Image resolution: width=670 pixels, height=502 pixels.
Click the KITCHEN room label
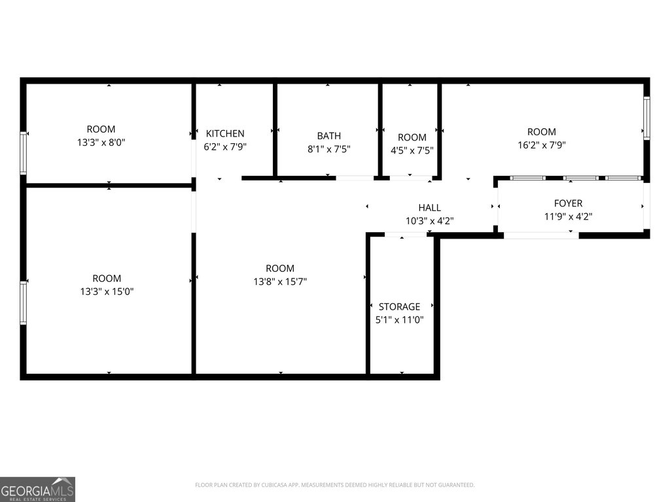coord(225,133)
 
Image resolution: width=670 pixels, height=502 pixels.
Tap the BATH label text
coord(329,136)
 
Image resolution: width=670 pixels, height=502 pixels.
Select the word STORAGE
coord(400,307)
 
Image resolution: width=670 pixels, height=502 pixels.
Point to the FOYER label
coord(569,203)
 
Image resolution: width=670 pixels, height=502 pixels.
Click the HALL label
coord(429,208)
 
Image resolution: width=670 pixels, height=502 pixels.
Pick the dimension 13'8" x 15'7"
coord(280,282)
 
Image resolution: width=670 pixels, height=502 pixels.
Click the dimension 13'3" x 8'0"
coord(101,142)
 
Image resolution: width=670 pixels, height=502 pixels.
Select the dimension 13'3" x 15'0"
coord(107,292)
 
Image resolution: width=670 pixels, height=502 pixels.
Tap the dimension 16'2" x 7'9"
coord(542,145)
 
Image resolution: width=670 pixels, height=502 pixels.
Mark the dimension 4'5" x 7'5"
coord(412,151)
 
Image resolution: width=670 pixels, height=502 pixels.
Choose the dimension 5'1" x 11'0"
coord(400,320)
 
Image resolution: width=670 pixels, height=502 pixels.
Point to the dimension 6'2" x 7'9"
coord(225,147)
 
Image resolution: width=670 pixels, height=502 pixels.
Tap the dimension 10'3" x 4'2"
coord(429,221)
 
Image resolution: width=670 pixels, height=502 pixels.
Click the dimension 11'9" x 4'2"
coord(569,216)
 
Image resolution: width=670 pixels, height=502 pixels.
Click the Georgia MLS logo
coord(37,489)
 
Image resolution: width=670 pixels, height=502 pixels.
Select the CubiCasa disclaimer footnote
coord(334,485)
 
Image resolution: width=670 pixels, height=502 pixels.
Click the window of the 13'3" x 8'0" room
coord(24,153)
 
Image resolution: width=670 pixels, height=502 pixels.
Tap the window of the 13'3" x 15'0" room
coord(24,303)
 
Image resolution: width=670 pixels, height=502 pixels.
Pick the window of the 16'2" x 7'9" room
coord(646,118)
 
